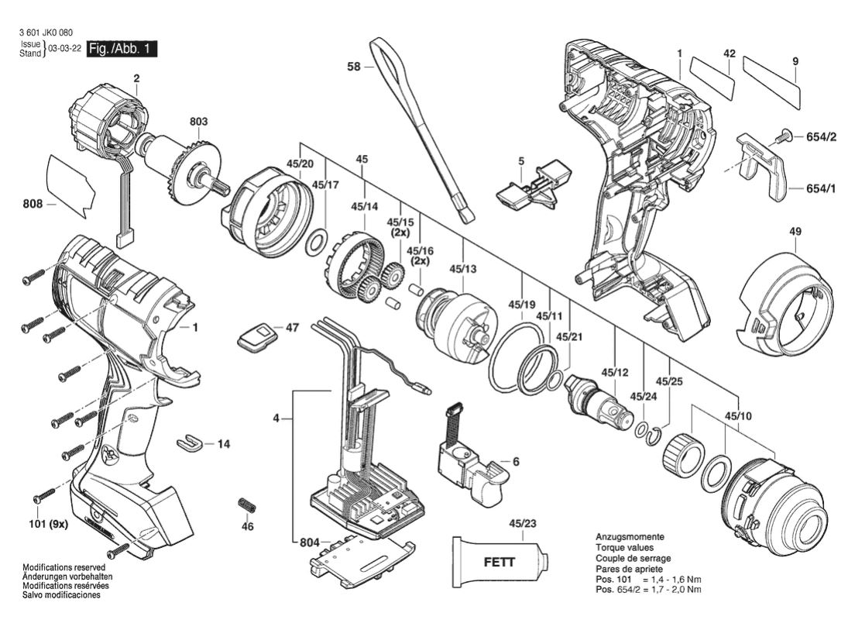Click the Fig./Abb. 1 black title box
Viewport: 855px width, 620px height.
(x=122, y=49)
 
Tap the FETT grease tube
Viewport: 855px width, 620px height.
(x=500, y=562)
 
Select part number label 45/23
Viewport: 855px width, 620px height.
(x=523, y=523)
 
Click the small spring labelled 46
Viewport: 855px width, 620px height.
(x=247, y=505)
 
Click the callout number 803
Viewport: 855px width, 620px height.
(x=198, y=121)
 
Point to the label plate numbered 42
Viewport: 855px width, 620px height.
(x=712, y=78)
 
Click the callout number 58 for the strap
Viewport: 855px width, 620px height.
(x=354, y=67)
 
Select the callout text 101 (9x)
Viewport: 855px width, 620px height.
(x=48, y=525)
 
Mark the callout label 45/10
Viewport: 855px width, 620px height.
(x=738, y=416)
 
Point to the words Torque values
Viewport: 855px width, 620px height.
(x=624, y=547)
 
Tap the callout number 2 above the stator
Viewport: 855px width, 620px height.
(x=136, y=78)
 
